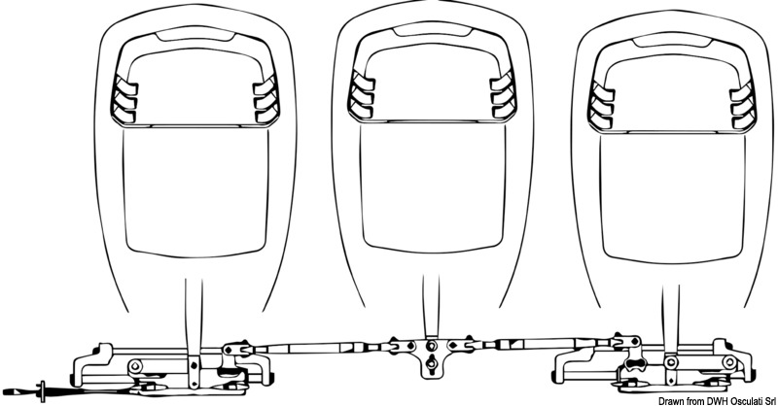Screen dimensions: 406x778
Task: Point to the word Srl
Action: coord(766,399)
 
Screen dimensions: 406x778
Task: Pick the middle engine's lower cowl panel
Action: coord(426,189)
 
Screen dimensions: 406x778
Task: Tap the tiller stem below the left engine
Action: coord(194,321)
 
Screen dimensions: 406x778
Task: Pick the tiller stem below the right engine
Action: coord(670,321)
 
